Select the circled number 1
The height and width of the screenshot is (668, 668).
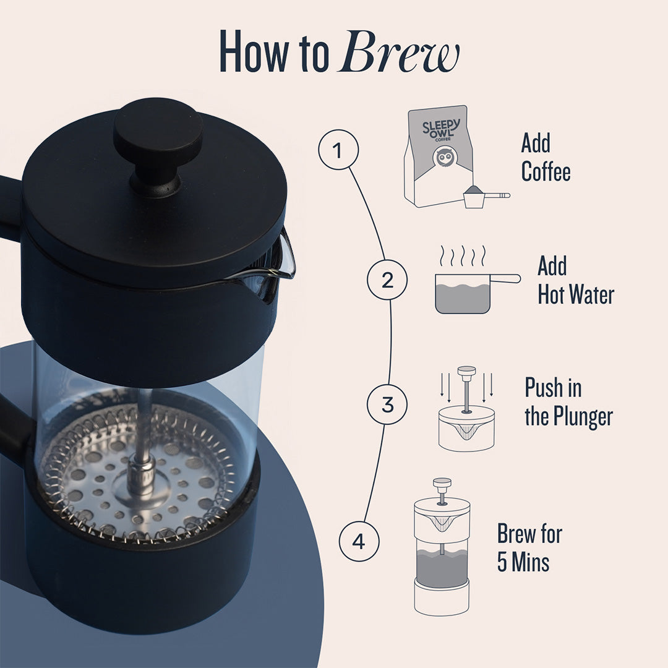[x=338, y=150]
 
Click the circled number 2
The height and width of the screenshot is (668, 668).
[x=387, y=280]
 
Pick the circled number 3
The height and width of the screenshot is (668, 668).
[x=387, y=405]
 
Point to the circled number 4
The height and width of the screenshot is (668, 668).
[x=359, y=542]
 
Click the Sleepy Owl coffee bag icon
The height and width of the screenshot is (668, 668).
[x=439, y=156]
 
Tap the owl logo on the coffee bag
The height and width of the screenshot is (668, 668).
[x=444, y=157]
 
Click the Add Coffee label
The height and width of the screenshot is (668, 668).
[x=545, y=157]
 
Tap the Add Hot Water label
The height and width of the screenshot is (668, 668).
[x=575, y=281]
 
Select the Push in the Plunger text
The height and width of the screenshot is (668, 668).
[x=568, y=402]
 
